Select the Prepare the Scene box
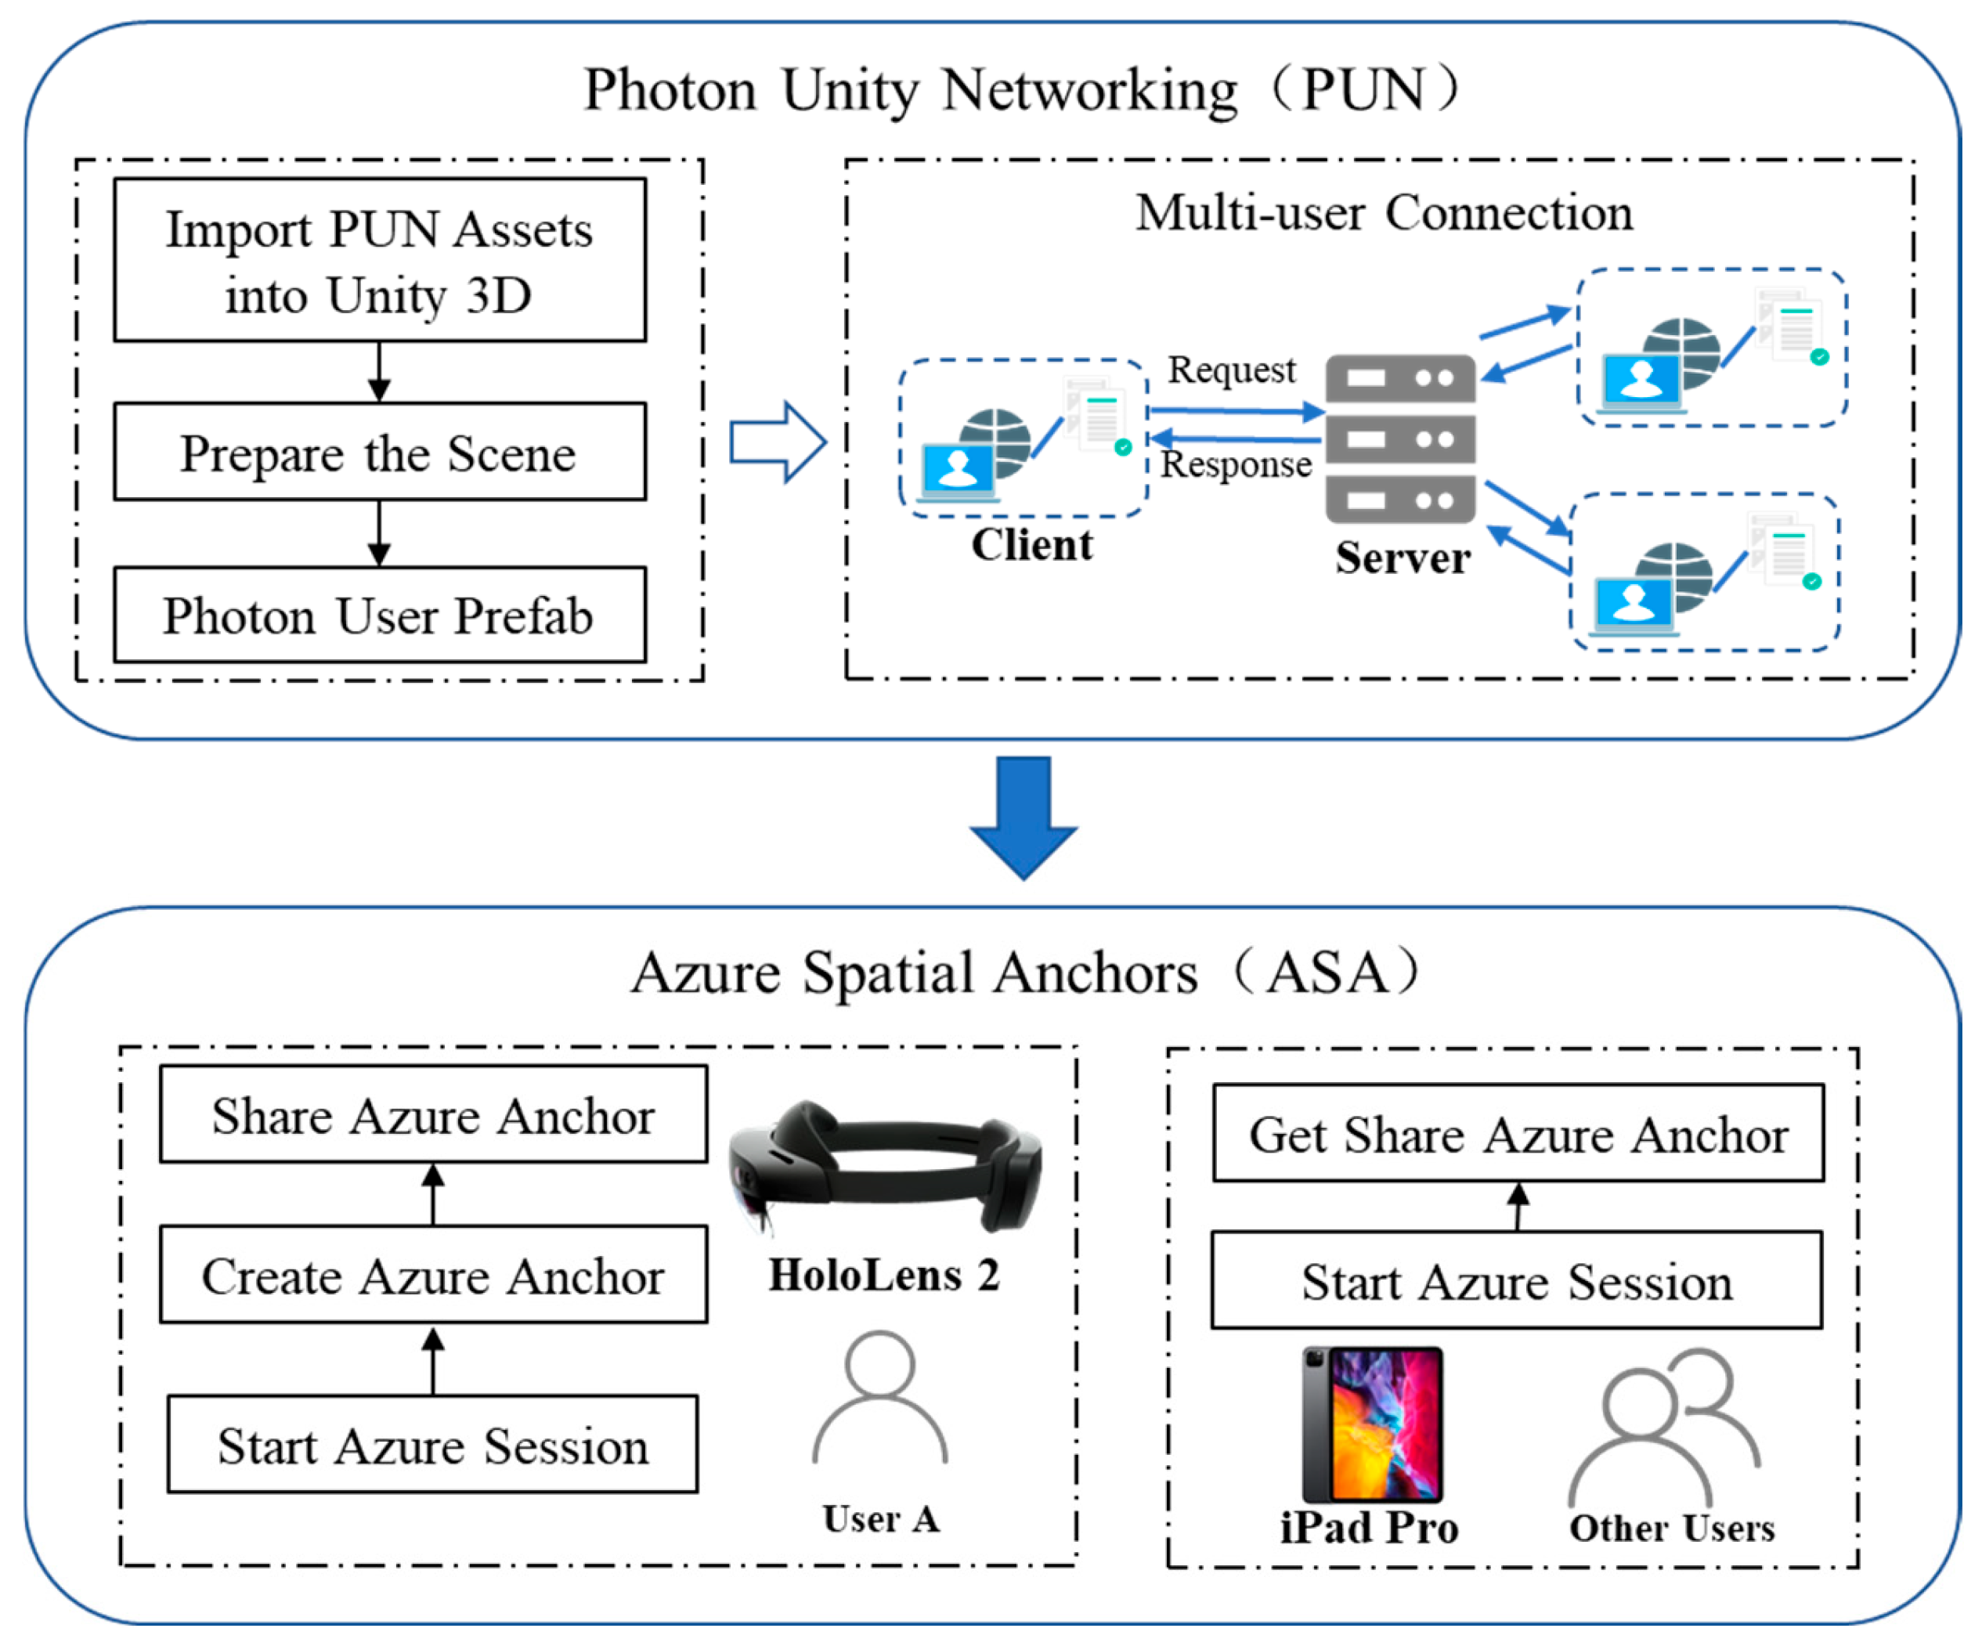pyautogui.click(x=380, y=451)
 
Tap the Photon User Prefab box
pyautogui.click(x=380, y=615)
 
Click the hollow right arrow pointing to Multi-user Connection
pyautogui.click(x=778, y=442)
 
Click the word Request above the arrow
pyautogui.click(x=1232, y=370)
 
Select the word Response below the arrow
pyautogui.click(x=1236, y=464)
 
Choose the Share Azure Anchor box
pyautogui.click(x=433, y=1114)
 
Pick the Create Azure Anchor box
pyautogui.click(x=433, y=1274)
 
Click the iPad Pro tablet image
pyautogui.click(x=1372, y=1424)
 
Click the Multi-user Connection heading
pyautogui.click(x=1384, y=212)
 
